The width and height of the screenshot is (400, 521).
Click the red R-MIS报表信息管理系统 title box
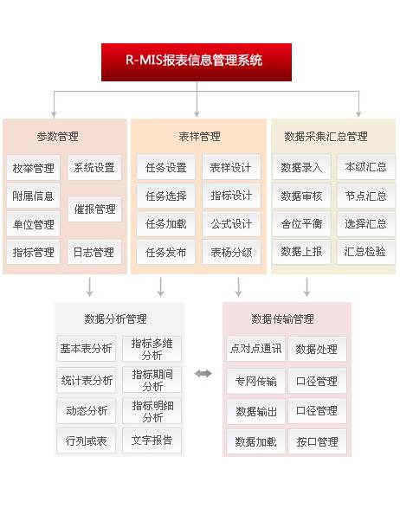click(x=197, y=62)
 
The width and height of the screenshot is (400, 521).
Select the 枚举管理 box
click(x=33, y=168)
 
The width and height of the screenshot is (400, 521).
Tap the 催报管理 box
click(x=94, y=209)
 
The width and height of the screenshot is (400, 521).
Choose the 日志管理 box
click(x=94, y=252)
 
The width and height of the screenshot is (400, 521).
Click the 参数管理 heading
click(x=57, y=136)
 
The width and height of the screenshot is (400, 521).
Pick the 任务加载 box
click(x=166, y=224)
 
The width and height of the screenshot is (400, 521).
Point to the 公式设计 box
click(x=231, y=224)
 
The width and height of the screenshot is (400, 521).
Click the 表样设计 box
click(x=231, y=167)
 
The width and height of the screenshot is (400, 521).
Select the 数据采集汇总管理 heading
click(x=326, y=136)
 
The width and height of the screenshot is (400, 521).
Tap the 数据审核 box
click(x=301, y=196)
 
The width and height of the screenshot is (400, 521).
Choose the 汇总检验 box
click(x=365, y=252)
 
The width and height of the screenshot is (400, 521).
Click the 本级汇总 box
click(x=365, y=167)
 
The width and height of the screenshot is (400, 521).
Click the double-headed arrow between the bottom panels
click(x=203, y=374)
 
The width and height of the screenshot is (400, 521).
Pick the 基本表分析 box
click(x=86, y=349)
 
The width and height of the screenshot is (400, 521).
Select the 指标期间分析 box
click(x=152, y=380)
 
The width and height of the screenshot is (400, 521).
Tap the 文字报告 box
click(x=152, y=441)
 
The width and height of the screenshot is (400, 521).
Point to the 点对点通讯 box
click(x=255, y=349)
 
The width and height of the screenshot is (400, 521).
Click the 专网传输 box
click(x=255, y=381)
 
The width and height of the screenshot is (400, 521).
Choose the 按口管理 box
click(x=317, y=442)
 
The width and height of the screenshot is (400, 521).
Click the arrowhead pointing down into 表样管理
click(x=197, y=114)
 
